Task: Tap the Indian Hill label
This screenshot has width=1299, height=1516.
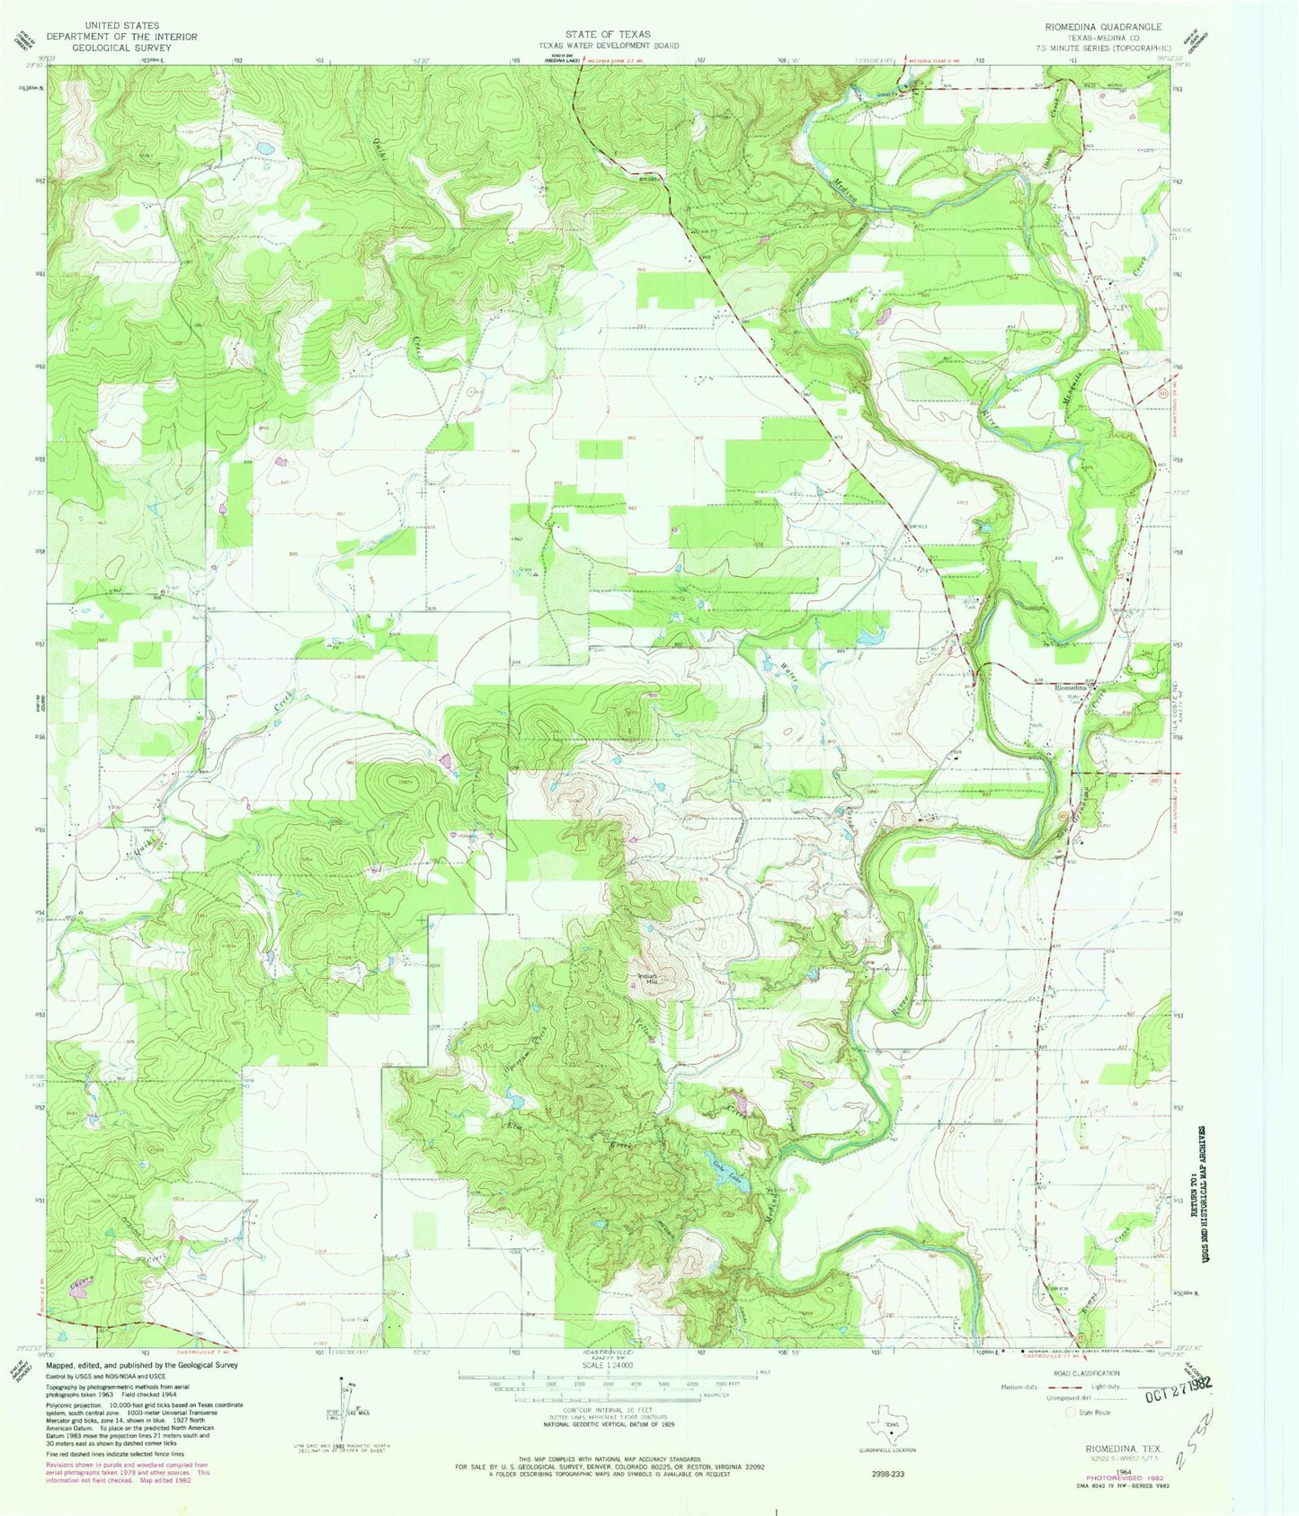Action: tap(648, 980)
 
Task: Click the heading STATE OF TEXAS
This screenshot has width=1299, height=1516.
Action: tap(608, 34)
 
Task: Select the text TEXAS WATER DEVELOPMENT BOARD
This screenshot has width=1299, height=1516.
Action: tap(608, 45)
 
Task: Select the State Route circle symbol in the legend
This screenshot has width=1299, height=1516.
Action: tap(1070, 1412)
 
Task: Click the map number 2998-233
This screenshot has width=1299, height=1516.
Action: tap(890, 1474)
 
